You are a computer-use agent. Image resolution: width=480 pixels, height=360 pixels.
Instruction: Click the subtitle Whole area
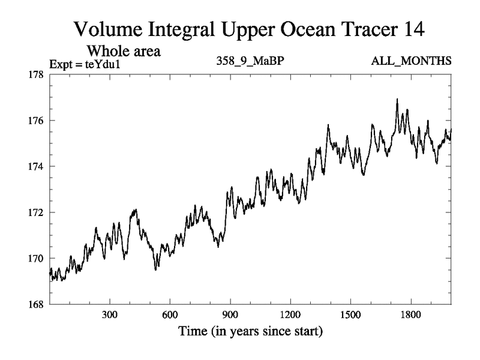(x=125, y=50)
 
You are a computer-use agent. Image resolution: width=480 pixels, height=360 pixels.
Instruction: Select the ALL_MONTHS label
(x=412, y=61)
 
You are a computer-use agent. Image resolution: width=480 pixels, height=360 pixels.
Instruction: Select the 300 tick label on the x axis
(x=110, y=315)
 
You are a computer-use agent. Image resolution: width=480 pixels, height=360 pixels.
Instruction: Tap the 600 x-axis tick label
(x=170, y=315)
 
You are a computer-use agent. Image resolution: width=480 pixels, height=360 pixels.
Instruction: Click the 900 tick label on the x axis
(x=230, y=315)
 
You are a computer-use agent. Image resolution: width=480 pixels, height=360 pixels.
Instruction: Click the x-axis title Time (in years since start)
(x=250, y=331)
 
